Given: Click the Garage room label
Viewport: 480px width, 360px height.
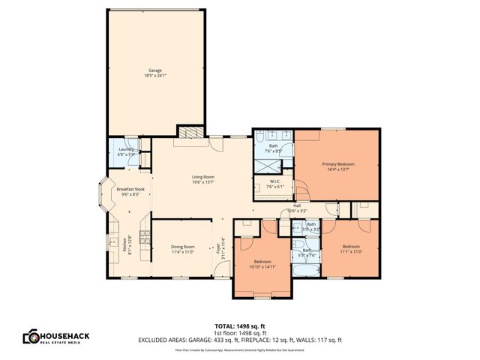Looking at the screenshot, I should click(154, 70).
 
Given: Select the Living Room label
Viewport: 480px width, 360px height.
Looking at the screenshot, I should click(203, 176).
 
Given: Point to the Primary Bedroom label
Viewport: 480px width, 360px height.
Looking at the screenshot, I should click(338, 163).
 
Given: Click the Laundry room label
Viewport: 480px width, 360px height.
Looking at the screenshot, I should click(126, 149).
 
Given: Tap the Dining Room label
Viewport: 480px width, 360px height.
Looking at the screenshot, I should click(183, 247).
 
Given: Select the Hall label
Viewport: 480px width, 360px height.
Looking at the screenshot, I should click(297, 205).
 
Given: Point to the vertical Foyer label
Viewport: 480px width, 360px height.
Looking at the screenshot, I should click(218, 247).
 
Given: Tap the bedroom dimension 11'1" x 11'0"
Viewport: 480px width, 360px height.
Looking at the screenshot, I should click(352, 252).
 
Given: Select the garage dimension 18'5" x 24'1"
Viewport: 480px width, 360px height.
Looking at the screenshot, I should click(154, 76).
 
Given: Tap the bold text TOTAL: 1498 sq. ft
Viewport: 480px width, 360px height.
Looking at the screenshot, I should click(239, 325).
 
